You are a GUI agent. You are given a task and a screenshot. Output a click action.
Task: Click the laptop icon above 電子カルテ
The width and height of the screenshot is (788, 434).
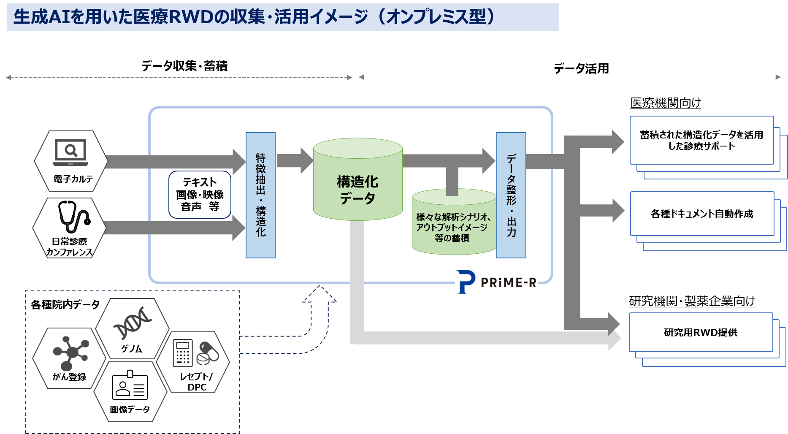click(70, 152)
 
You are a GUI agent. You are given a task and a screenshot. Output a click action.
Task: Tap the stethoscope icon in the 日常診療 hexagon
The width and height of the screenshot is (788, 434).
click(73, 216)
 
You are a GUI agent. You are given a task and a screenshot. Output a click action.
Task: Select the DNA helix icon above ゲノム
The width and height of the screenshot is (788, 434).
click(133, 323)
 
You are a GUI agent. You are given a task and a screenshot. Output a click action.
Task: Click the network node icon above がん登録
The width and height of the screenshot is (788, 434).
click(70, 352)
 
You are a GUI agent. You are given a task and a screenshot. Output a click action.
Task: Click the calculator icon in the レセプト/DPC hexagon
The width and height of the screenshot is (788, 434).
click(183, 353)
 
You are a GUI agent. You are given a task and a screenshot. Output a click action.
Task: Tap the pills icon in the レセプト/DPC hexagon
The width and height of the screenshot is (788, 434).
click(208, 353)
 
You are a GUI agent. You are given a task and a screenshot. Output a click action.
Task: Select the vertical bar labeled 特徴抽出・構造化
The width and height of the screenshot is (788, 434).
click(260, 195)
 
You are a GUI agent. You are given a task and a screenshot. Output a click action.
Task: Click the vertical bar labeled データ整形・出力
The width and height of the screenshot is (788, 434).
click(511, 195)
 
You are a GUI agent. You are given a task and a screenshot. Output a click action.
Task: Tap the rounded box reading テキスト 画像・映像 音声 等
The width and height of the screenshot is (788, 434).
click(200, 195)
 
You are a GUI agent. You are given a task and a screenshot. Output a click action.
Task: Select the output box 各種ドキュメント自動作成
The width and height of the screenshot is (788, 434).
click(701, 214)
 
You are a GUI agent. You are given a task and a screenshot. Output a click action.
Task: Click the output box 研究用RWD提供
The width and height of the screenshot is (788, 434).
click(701, 332)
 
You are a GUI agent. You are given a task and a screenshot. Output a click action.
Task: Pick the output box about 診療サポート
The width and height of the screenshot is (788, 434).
click(701, 140)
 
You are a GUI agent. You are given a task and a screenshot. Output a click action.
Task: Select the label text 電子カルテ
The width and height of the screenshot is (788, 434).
click(73, 179)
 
